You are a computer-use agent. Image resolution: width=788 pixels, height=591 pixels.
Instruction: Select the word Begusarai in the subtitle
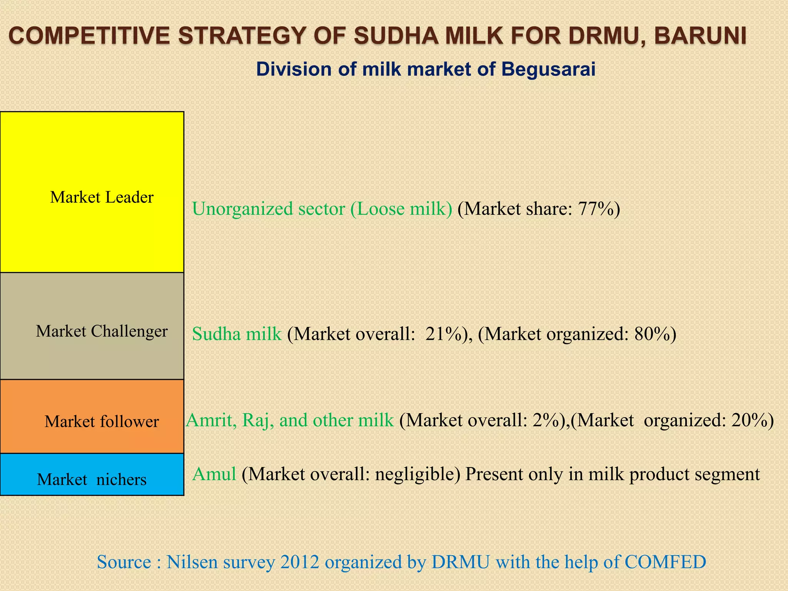point(548,70)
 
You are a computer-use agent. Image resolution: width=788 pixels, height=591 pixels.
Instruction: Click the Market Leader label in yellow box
point(102,197)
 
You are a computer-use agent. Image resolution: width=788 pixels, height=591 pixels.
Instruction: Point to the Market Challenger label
point(102,331)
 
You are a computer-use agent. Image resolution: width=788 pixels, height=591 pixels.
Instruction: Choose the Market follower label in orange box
point(102,422)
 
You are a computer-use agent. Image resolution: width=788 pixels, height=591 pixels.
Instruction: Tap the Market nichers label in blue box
point(92,479)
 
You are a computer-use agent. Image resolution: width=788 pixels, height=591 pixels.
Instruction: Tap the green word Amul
point(214,474)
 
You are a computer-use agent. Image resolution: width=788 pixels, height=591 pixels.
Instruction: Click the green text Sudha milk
point(237,334)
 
